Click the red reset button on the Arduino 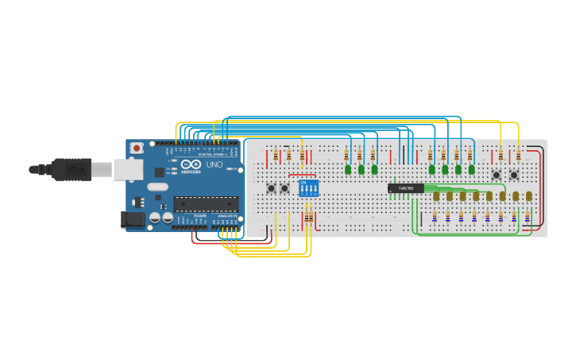(137, 148)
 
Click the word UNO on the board (215, 165)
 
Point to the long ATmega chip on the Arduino (206, 204)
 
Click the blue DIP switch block (308, 188)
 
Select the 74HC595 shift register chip (405, 188)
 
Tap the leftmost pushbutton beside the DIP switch (271, 188)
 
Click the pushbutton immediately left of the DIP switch (284, 188)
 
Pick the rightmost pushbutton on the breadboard (514, 175)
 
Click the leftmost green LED (348, 169)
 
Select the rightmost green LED (471, 169)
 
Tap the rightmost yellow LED (528, 195)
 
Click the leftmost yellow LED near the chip (435, 195)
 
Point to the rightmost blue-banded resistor (528, 216)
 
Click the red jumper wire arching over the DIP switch (302, 176)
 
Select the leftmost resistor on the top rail (276, 154)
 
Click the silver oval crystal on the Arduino (158, 188)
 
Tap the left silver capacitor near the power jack (154, 217)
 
